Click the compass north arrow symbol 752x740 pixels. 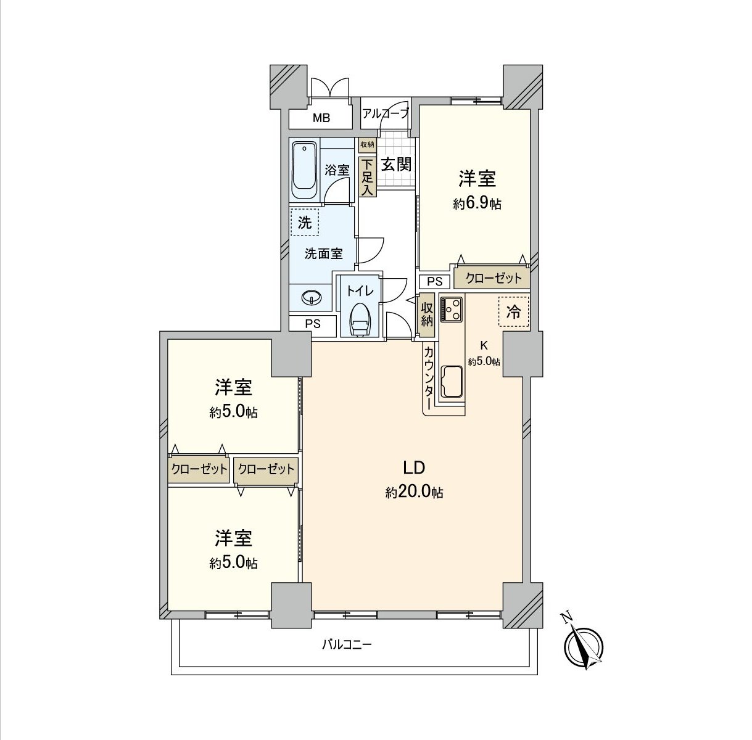click(x=584, y=647)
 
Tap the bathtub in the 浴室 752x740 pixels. click(x=304, y=171)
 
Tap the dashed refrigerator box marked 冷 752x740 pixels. click(x=513, y=313)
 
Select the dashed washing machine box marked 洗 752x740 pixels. click(x=305, y=223)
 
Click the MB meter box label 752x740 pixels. click(x=320, y=118)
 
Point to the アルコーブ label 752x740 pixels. click(x=386, y=113)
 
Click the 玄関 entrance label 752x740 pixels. click(x=395, y=165)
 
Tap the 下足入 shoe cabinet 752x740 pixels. click(x=368, y=176)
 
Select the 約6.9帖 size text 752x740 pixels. click(x=477, y=204)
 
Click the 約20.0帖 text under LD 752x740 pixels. click(x=415, y=493)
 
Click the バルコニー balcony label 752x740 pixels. click(x=347, y=645)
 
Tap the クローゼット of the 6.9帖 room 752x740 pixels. click(x=493, y=278)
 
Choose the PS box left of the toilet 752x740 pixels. click(x=313, y=324)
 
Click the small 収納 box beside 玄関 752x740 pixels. click(x=367, y=144)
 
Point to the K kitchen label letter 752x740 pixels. click(x=484, y=345)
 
